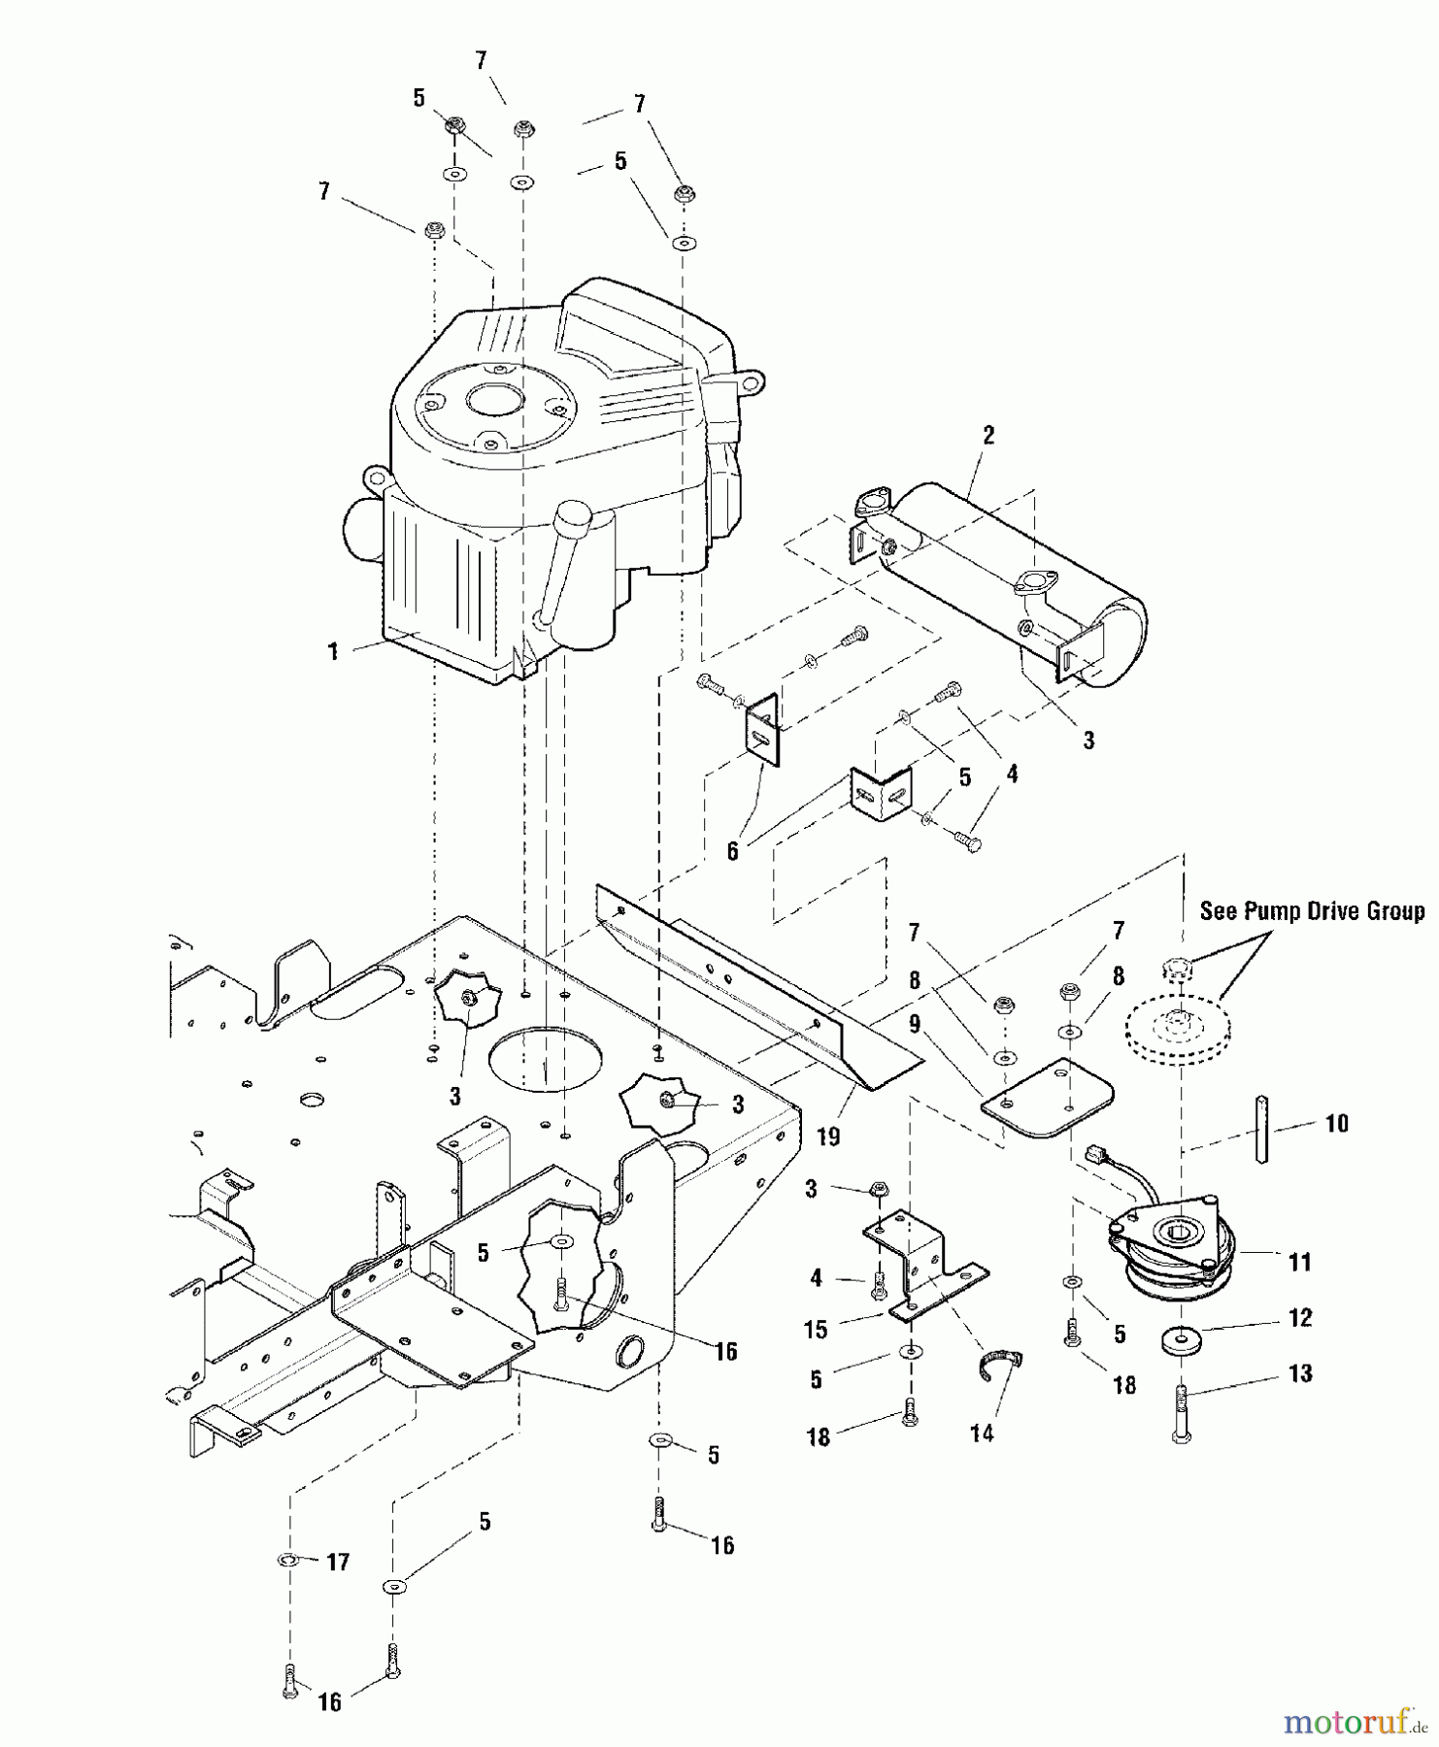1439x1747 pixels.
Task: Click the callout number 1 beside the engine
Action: point(333,651)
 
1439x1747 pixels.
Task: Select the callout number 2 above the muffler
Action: point(988,435)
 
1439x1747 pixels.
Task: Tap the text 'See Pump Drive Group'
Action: point(1312,911)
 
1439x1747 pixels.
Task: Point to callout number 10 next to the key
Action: point(1336,1123)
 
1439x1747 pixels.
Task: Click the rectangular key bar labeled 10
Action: point(1262,1128)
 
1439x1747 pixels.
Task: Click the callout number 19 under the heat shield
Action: point(827,1136)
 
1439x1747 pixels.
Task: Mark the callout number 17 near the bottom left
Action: point(337,1562)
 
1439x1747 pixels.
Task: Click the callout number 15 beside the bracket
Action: point(816,1329)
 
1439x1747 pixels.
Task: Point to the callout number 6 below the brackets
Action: point(732,851)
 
